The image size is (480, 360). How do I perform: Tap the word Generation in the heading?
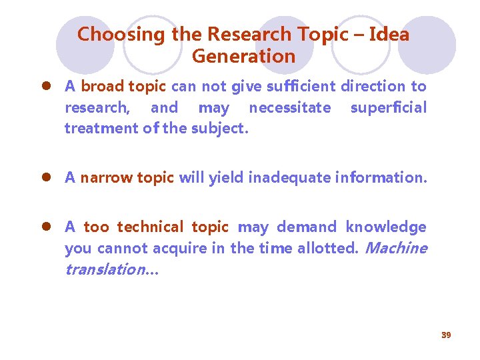[243, 57]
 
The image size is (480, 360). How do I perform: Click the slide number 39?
[446, 335]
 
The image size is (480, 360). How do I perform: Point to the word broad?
[102, 87]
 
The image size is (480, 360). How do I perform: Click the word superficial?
[388, 108]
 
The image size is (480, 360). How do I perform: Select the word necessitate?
[289, 108]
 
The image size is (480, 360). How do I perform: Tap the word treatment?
[101, 129]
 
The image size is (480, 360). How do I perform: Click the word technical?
[149, 227]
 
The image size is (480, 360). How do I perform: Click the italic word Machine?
[397, 249]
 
